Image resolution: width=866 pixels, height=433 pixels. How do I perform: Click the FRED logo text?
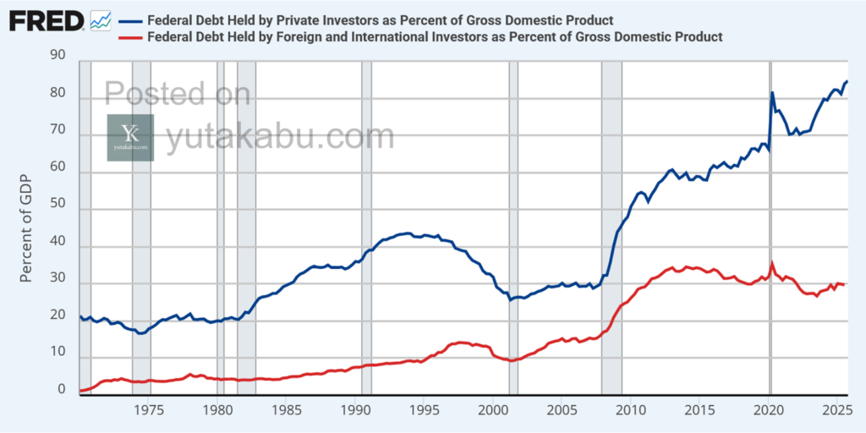(x=46, y=19)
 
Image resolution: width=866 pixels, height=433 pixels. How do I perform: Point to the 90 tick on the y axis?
(x=58, y=55)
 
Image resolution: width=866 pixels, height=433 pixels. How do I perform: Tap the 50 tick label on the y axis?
(x=58, y=211)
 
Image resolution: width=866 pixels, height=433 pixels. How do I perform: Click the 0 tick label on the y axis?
(x=61, y=390)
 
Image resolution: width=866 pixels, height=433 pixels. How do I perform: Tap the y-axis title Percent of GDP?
(x=27, y=223)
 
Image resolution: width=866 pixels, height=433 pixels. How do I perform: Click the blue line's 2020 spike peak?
(x=772, y=92)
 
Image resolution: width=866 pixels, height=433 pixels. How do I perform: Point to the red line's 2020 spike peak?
(x=771, y=263)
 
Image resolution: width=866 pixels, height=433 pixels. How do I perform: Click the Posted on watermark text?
(x=177, y=93)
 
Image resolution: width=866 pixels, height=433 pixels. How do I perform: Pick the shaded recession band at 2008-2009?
(x=611, y=228)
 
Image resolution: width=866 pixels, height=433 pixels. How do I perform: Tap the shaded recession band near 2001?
(x=513, y=228)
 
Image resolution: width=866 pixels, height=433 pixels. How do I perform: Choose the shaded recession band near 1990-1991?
(x=366, y=228)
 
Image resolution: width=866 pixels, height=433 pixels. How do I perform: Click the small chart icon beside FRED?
(x=101, y=19)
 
